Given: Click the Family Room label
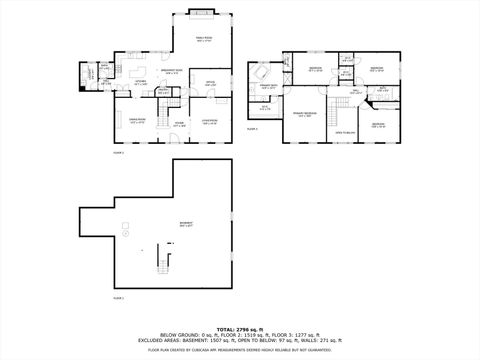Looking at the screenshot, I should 203,40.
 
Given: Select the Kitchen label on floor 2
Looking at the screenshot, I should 141,83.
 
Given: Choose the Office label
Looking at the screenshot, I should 211,84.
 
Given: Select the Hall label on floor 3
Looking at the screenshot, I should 356,92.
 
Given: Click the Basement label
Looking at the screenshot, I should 186,225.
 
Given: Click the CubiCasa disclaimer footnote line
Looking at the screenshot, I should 240,350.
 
